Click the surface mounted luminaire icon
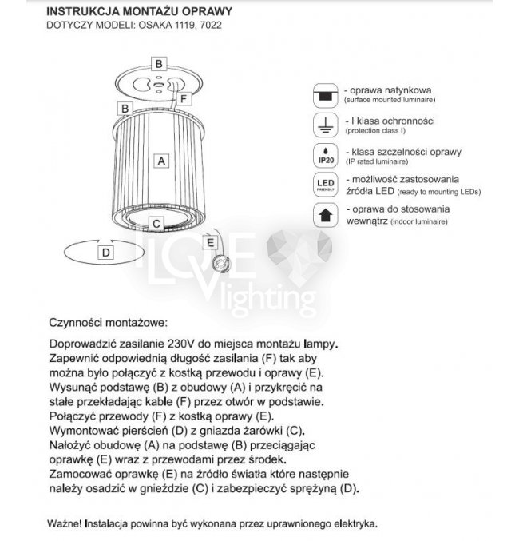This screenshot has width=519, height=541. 324,93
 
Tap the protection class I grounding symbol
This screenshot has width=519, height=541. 324,124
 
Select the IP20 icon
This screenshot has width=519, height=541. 324,155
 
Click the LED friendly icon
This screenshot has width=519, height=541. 324,185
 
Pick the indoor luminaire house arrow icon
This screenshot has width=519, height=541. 324,215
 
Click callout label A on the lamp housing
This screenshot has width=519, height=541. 161,160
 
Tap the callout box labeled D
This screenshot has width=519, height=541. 105,251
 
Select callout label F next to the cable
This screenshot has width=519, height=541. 183,99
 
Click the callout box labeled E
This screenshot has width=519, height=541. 210,241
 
